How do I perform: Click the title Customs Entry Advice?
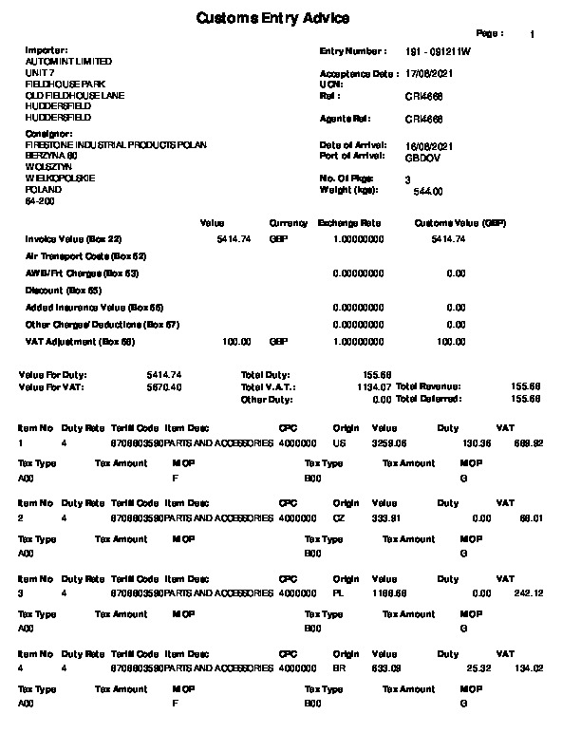272,18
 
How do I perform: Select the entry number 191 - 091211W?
437,51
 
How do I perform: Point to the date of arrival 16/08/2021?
429,144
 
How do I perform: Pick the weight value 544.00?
429,191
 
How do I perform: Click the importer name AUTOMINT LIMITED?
63,62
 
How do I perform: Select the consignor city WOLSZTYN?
46,167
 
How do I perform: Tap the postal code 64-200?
40,201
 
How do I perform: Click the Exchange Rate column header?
348,223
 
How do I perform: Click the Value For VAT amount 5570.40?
164,387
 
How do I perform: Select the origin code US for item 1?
339,442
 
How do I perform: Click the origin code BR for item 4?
339,668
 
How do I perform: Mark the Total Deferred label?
429,399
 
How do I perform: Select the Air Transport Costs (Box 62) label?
85,256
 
